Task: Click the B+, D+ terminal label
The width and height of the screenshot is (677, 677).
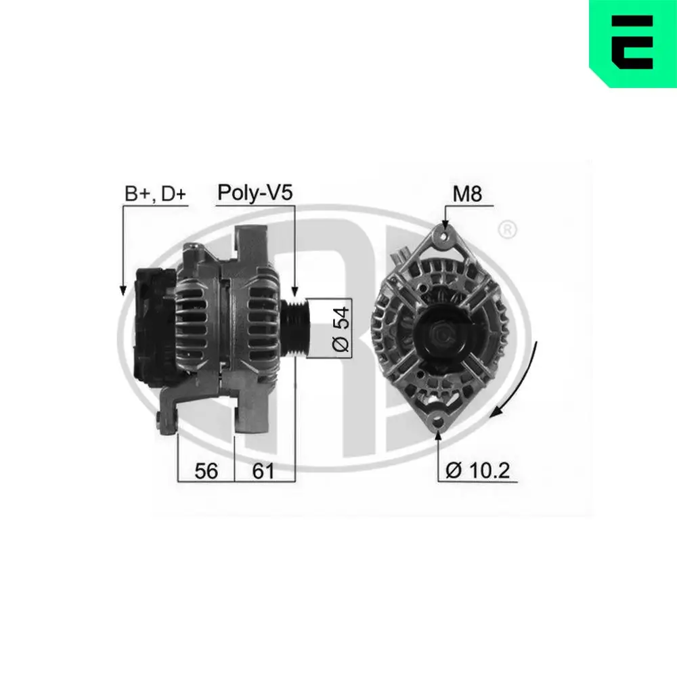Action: click(x=155, y=194)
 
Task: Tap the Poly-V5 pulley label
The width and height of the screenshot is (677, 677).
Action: click(x=255, y=193)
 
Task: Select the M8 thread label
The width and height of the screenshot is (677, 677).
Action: click(x=466, y=195)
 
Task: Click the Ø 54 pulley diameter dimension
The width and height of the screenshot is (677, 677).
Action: click(x=342, y=327)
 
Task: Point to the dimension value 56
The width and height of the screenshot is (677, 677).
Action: click(x=206, y=471)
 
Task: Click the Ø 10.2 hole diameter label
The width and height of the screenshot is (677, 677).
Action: click(x=478, y=470)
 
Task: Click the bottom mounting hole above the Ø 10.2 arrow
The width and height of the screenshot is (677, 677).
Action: click(x=438, y=420)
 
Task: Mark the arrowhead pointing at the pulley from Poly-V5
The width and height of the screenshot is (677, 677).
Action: click(x=294, y=291)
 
